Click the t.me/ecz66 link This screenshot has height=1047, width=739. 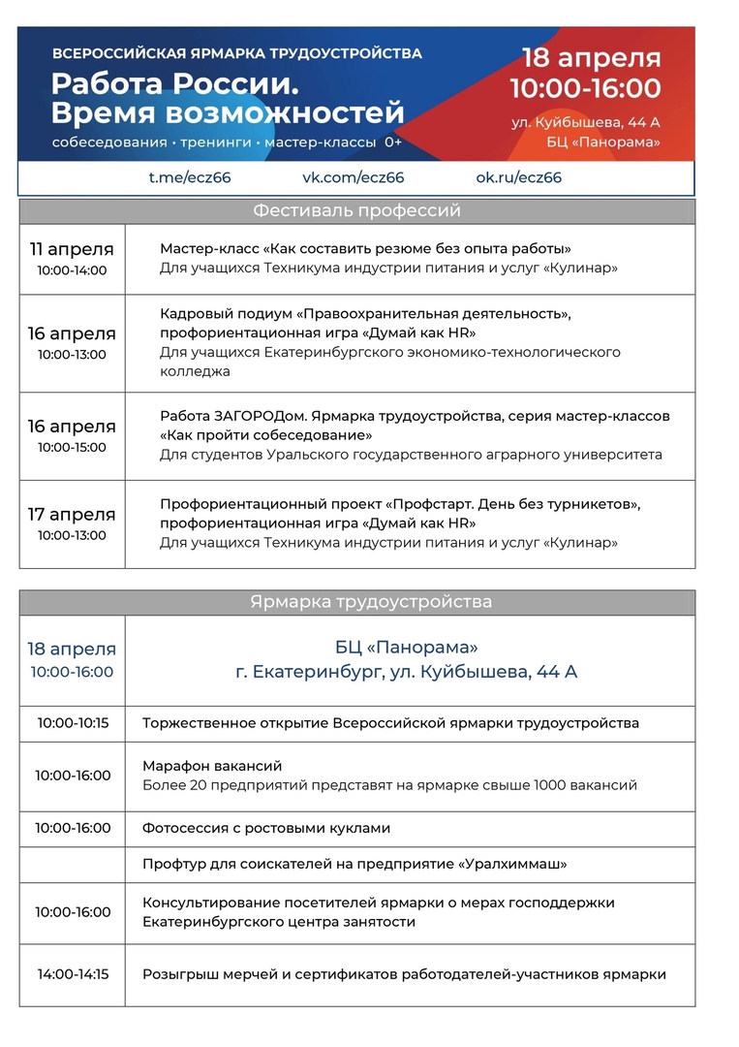click(x=189, y=177)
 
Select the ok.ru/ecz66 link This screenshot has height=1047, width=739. click(x=518, y=177)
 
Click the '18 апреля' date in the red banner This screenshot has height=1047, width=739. click(x=591, y=58)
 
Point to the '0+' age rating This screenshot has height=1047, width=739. click(x=393, y=143)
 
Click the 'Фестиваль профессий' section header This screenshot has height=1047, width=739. click(x=356, y=210)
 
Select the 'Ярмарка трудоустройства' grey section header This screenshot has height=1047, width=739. click(x=356, y=602)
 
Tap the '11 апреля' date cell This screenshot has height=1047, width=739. click(x=72, y=249)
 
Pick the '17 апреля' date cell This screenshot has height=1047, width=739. click(x=72, y=515)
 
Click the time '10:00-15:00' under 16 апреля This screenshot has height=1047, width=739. click(x=72, y=448)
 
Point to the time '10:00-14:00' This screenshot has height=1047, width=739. click(x=72, y=270)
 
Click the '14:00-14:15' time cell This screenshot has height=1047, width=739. click(x=73, y=974)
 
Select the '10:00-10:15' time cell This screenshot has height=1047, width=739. click(x=73, y=723)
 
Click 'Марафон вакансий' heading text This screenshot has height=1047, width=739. click(x=212, y=766)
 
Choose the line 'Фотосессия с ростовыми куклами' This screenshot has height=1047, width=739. click(x=266, y=829)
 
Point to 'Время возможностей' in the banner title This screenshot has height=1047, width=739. click(x=227, y=113)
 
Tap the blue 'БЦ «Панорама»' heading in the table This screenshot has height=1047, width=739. click(x=406, y=647)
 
